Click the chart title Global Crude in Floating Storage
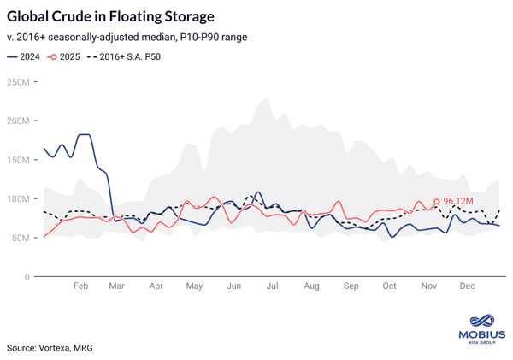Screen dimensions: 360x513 (110, 16)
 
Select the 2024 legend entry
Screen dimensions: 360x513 (24, 57)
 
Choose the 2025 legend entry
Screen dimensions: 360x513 (63, 57)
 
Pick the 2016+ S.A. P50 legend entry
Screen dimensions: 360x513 (123, 57)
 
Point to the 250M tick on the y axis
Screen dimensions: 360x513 (18, 82)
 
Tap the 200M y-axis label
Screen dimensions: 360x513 (18, 121)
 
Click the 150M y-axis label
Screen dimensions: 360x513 (18, 160)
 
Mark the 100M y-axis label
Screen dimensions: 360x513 (18, 199)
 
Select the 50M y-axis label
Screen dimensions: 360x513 (21, 238)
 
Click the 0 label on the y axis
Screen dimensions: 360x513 (27, 277)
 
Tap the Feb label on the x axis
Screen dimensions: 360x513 (80, 285)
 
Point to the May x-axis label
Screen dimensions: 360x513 (195, 285)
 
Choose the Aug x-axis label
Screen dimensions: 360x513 (311, 285)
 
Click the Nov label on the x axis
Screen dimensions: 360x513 (428, 285)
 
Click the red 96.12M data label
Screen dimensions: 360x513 (459, 202)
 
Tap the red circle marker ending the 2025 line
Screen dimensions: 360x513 (437, 202)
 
